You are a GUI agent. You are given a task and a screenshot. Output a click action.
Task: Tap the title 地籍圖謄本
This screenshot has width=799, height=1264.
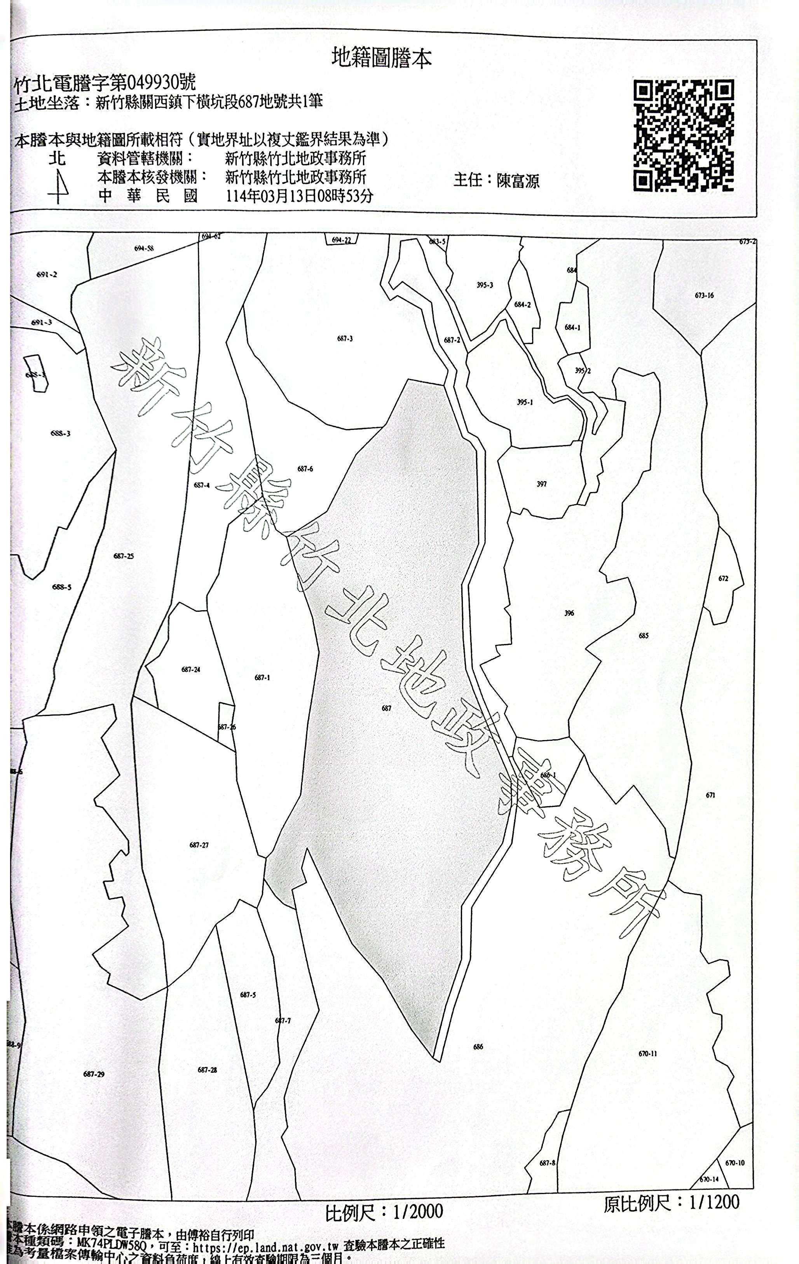tap(382, 58)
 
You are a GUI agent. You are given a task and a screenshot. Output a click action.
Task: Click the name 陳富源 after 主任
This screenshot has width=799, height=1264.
tap(518, 181)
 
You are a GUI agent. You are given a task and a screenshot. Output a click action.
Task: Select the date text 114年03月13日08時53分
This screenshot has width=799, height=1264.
tap(299, 196)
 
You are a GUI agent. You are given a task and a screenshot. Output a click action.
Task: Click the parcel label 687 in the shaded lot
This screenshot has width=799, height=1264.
tap(386, 708)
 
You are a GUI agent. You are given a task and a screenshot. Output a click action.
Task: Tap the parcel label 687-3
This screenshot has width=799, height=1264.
tap(345, 339)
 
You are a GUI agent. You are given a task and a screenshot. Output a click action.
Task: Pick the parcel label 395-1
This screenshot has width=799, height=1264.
tap(525, 403)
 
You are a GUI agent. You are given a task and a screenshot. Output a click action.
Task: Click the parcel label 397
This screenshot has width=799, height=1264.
tap(542, 484)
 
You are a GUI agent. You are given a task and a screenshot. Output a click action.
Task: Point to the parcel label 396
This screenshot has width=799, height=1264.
tap(569, 613)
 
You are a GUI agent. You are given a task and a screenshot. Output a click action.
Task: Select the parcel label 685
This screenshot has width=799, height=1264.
tap(644, 635)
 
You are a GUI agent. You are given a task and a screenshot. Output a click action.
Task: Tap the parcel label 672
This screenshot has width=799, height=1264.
tap(723, 578)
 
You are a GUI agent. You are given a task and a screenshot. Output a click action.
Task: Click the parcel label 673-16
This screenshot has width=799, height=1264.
tap(704, 295)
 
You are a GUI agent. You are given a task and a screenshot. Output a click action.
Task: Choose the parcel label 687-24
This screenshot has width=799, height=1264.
tap(190, 670)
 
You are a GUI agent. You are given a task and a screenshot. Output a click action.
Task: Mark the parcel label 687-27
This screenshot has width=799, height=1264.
tap(199, 845)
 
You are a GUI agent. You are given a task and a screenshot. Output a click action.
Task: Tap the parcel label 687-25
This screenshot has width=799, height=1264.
tap(123, 556)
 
